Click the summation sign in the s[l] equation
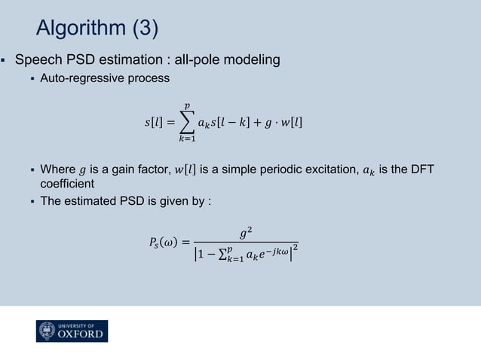185,121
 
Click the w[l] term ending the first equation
290,122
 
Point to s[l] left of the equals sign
154,122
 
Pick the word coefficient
67,183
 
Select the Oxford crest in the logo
47,331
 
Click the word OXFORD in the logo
81,334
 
